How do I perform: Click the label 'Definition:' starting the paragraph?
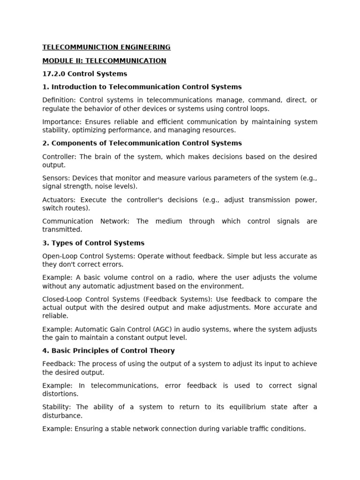59,100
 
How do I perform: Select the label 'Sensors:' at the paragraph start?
56,178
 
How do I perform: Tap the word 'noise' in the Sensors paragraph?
94,187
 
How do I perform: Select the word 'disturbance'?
62,415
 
